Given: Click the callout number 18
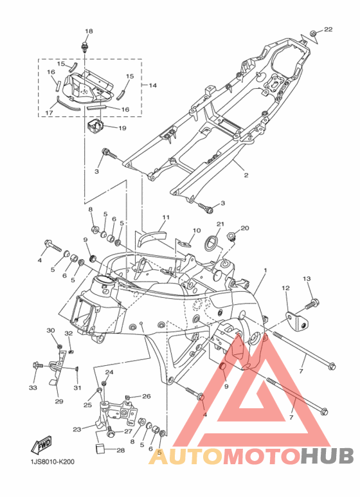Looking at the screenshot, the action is click(89, 31).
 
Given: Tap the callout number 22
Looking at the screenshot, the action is click(328, 29).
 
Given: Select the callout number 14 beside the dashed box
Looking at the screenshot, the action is click(153, 86).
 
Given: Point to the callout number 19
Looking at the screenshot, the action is click(122, 128).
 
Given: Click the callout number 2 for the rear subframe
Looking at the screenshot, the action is click(246, 176).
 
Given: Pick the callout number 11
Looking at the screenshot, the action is click(166, 217).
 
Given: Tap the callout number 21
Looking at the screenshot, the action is click(221, 224).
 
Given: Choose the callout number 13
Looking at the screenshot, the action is click(307, 279).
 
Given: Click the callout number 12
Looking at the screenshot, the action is click(285, 288).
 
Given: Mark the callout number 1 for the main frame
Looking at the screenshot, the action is click(265, 270).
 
